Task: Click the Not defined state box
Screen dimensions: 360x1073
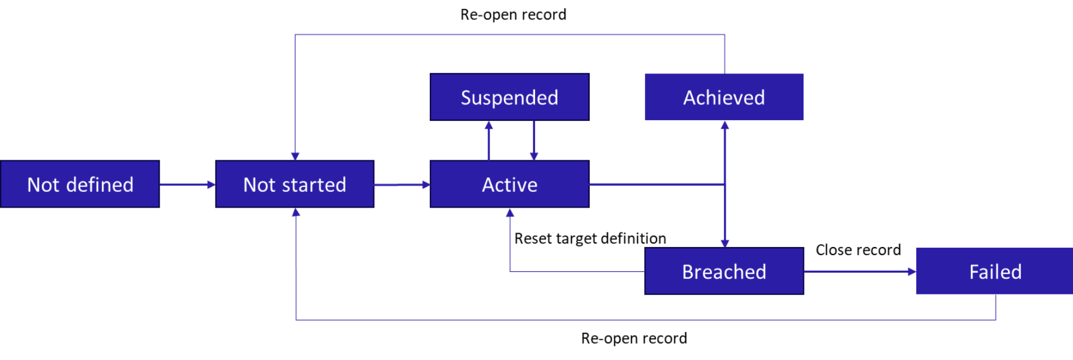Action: click(80, 184)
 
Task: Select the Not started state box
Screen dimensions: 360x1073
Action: click(295, 184)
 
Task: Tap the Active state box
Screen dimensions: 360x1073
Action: click(509, 184)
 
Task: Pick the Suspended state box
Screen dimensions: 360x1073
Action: click(509, 97)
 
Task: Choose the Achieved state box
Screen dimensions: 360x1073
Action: click(724, 97)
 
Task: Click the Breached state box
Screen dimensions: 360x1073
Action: click(724, 271)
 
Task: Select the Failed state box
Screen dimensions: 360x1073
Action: click(995, 271)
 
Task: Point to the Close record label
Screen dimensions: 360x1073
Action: click(858, 250)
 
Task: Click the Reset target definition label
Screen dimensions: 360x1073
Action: click(590, 239)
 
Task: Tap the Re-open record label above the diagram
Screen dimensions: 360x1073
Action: click(513, 15)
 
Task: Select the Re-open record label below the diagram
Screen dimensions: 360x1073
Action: click(634, 338)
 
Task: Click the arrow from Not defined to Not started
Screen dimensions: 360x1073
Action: click(187, 185)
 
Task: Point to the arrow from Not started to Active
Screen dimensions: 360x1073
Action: click(401, 185)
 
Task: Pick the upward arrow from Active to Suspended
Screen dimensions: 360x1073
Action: click(489, 140)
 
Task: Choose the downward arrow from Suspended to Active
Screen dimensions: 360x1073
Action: click(534, 140)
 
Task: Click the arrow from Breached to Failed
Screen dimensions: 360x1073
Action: click(859, 271)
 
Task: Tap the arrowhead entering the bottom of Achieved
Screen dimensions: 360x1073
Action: click(724, 126)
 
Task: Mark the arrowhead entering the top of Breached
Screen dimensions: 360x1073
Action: click(724, 243)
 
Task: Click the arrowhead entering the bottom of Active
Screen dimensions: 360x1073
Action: click(510, 213)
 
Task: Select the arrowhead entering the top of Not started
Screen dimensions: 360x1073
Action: click(295, 156)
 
